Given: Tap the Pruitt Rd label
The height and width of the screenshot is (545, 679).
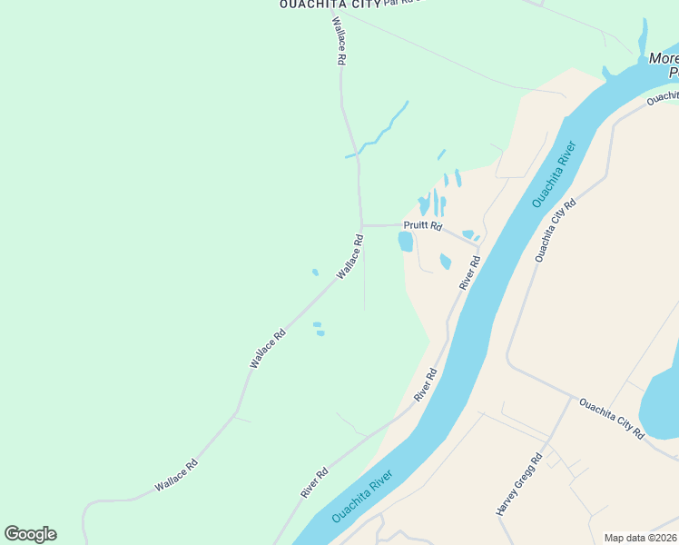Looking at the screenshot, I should [424, 225].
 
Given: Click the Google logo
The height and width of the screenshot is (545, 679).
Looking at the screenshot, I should [30, 534].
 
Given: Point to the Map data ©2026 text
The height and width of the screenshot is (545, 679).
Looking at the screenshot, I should [641, 538].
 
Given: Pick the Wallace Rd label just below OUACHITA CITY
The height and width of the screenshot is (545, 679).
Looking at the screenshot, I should [339, 40].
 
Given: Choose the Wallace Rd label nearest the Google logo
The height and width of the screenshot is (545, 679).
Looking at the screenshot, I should [176, 475].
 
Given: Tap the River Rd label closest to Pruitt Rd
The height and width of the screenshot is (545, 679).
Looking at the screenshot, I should [469, 272].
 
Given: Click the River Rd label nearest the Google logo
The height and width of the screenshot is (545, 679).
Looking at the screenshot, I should [314, 482].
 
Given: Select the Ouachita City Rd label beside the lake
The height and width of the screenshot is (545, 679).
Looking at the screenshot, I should [612, 418].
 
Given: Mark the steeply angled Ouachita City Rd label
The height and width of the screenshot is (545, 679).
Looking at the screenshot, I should [556, 231].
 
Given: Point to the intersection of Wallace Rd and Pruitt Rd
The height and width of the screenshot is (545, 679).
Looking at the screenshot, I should [361, 224].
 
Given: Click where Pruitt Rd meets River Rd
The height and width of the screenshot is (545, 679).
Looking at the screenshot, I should [482, 245].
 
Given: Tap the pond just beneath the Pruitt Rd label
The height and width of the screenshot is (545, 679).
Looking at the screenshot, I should [406, 242].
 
